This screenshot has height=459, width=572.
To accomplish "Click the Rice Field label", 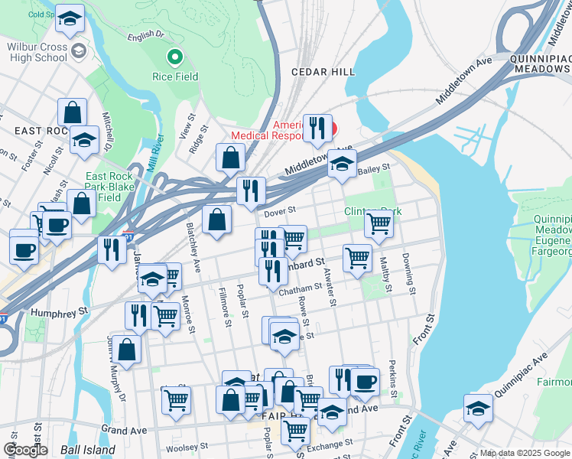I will coord(175,76).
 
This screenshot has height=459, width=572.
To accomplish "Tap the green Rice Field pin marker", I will coord(175,56).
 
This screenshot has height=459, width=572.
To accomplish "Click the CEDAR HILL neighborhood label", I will coord(323,71).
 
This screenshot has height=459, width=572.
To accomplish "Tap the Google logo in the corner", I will coord(25,450).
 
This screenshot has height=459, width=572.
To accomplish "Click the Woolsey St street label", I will coord(187,447).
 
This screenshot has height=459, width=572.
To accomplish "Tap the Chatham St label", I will coord(301,289).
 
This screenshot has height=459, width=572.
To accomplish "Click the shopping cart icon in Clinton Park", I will coord(379,223).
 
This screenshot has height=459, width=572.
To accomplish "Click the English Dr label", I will coord(146,36).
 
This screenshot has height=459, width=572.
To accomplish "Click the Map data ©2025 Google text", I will coord(525,453).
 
